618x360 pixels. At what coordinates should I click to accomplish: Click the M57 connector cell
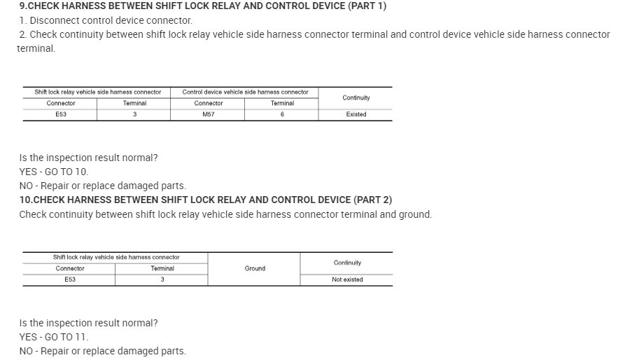pyautogui.click(x=208, y=114)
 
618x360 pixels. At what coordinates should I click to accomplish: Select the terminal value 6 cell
pyautogui.click(x=282, y=114)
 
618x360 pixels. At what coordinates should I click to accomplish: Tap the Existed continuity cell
pyautogui.click(x=356, y=114)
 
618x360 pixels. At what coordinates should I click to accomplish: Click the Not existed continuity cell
pyautogui.click(x=347, y=279)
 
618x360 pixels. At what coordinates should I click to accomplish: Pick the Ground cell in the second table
pyautogui.click(x=255, y=268)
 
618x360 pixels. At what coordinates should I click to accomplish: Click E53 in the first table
pyautogui.click(x=61, y=114)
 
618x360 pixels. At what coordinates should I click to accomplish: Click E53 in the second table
pyautogui.click(x=70, y=279)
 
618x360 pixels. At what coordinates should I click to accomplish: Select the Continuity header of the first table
pyautogui.click(x=356, y=97)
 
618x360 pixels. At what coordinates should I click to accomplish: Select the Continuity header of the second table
pyautogui.click(x=347, y=263)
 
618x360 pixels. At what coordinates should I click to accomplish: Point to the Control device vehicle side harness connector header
pyautogui.click(x=245, y=92)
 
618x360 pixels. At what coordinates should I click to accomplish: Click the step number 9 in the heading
pyautogui.click(x=22, y=6)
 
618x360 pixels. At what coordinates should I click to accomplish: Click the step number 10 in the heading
pyautogui.click(x=25, y=200)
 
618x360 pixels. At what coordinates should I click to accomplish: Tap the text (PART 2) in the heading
pyautogui.click(x=372, y=200)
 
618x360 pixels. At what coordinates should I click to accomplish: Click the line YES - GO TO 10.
pyautogui.click(x=54, y=172)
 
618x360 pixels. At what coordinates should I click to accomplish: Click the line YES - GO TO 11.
pyautogui.click(x=54, y=337)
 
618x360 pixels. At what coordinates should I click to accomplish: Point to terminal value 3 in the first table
pyautogui.click(x=134, y=114)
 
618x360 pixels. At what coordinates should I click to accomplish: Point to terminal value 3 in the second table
pyautogui.click(x=162, y=279)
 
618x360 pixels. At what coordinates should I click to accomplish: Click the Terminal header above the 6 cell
pyautogui.click(x=282, y=103)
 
